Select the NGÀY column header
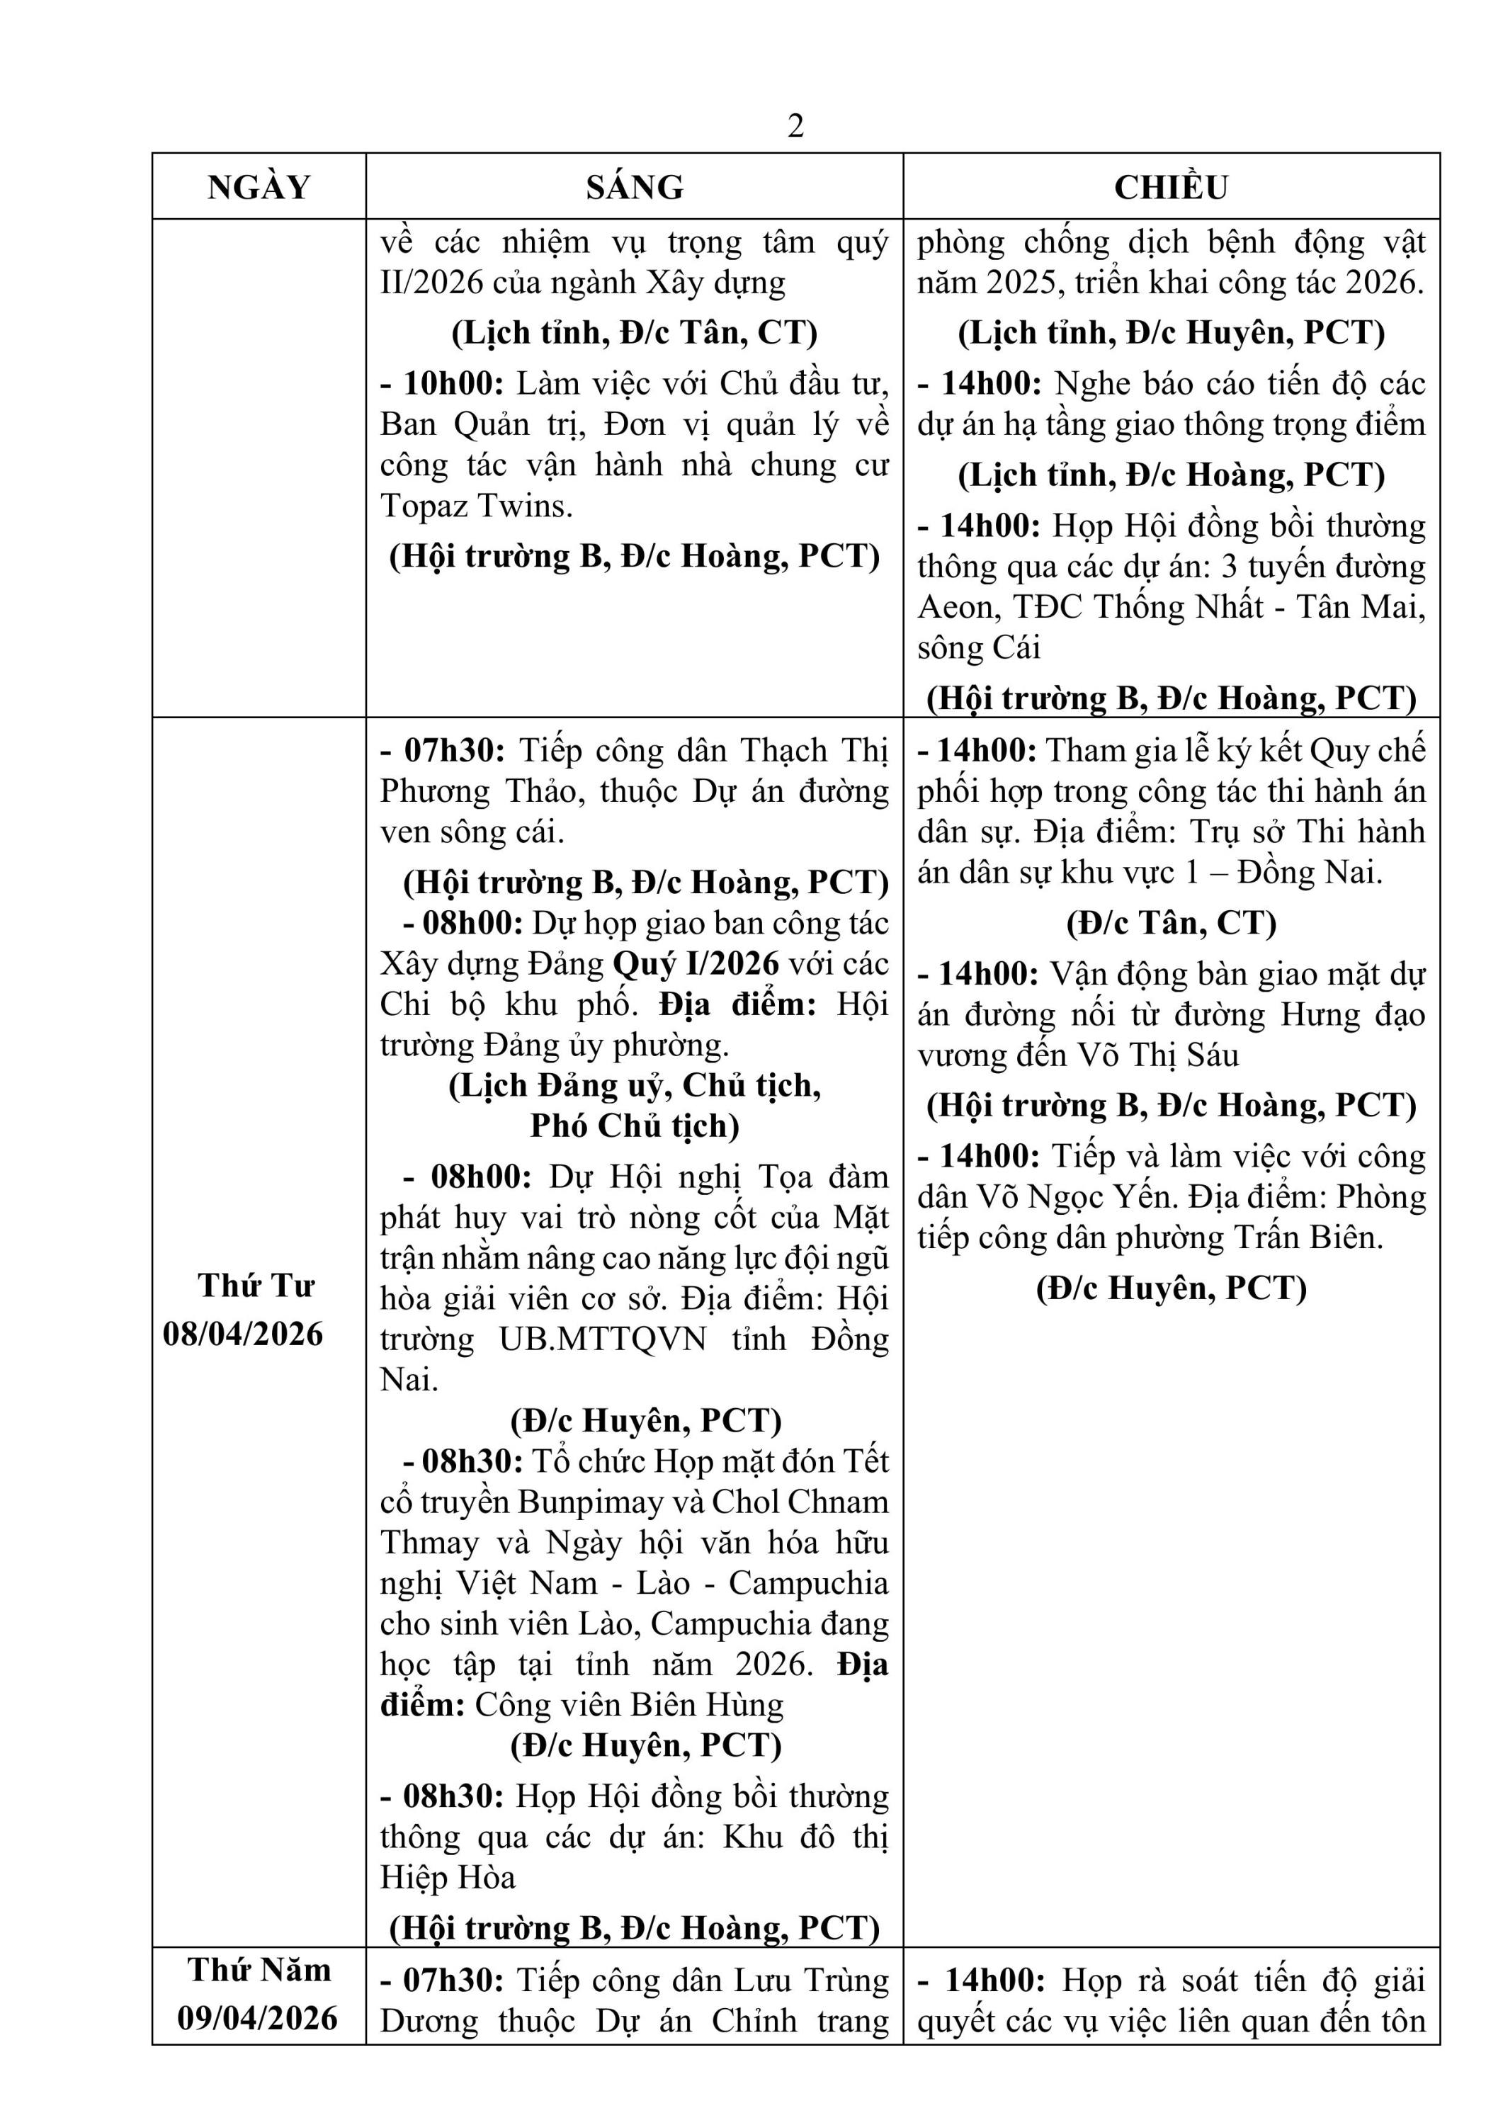click(x=259, y=187)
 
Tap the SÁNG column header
click(x=634, y=187)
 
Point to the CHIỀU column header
click(x=1171, y=187)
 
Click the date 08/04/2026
click(x=244, y=1334)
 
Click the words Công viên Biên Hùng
click(x=630, y=1705)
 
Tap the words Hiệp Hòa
click(x=447, y=1877)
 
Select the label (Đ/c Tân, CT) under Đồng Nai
click(x=1171, y=923)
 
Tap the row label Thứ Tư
click(x=256, y=1286)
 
